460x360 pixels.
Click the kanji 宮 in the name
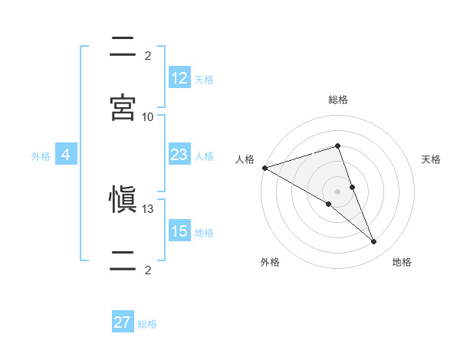point(123,107)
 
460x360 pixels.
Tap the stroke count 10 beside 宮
point(148,116)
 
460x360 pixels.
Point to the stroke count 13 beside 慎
point(148,209)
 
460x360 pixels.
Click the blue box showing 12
point(179,78)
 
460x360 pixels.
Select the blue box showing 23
point(179,155)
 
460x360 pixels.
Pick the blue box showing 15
point(179,231)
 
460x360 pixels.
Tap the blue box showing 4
point(66,155)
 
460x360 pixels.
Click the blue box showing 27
point(123,322)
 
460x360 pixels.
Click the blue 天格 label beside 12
point(204,79)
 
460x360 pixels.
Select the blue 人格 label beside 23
point(204,155)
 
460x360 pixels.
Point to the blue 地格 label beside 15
point(204,232)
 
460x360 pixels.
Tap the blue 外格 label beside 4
point(41,155)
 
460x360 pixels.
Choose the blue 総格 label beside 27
point(147,323)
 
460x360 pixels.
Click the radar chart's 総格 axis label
point(338,100)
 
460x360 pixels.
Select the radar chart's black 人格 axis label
point(245,159)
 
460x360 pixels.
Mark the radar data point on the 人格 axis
point(264,168)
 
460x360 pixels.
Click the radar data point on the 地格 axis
point(374,242)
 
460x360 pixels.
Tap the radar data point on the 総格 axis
point(338,146)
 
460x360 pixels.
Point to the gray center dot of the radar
point(338,191)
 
